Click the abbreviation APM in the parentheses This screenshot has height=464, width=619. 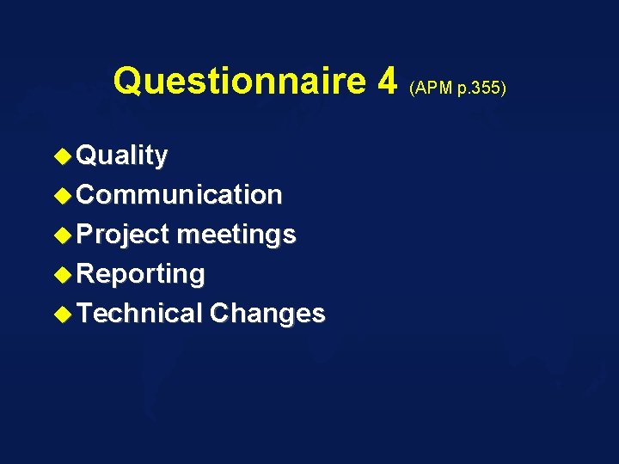click(x=432, y=88)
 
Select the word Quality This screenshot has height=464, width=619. click(x=122, y=156)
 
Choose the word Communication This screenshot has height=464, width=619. click(x=179, y=195)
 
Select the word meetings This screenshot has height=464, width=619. click(x=236, y=235)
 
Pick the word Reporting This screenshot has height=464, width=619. click(x=141, y=274)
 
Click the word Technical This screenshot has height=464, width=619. click(x=139, y=314)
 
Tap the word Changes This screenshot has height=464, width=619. click(x=267, y=314)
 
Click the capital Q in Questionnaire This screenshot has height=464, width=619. click(x=129, y=81)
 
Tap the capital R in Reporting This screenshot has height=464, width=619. click(x=85, y=274)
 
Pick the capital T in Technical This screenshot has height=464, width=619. click(x=84, y=314)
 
